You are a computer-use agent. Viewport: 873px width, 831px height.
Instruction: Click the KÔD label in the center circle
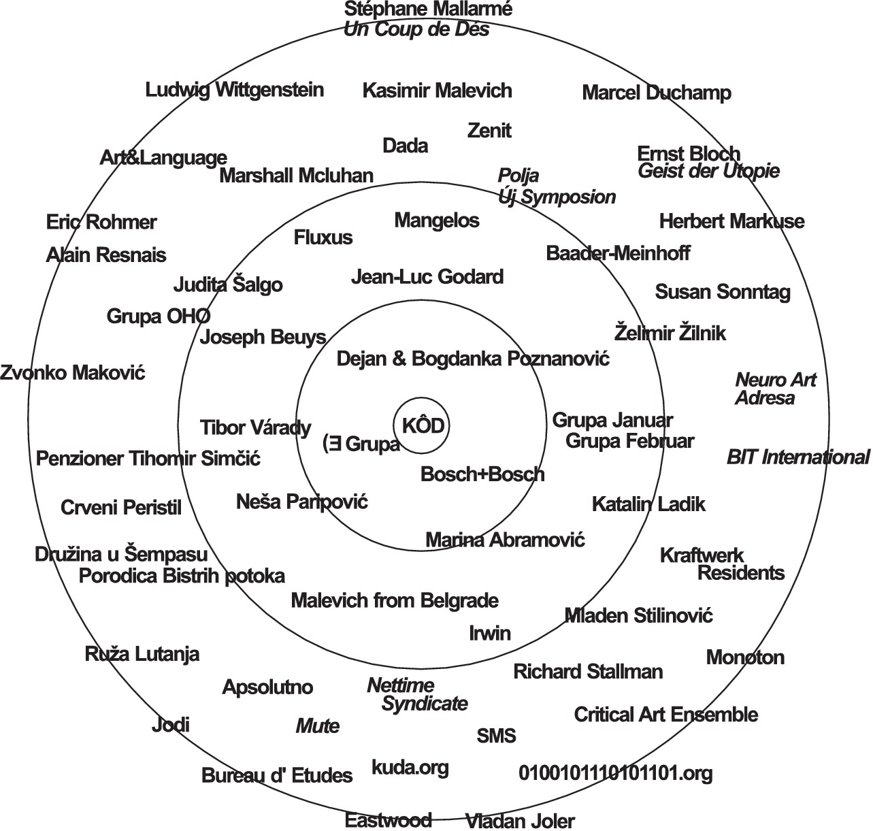click(x=423, y=426)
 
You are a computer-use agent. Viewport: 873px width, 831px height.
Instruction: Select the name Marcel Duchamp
click(x=657, y=93)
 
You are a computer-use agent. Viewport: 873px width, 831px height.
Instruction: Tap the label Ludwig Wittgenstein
click(x=235, y=90)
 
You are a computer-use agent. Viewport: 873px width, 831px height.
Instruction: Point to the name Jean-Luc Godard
click(x=427, y=277)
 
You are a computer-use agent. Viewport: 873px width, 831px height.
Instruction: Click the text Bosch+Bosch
click(x=482, y=474)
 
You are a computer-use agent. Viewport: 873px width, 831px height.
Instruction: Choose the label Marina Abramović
click(x=505, y=540)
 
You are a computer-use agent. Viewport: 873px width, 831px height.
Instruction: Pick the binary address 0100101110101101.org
click(x=616, y=773)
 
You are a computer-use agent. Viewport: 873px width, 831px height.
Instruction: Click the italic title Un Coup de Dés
click(x=416, y=30)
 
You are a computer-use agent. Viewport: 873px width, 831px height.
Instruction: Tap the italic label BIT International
click(x=797, y=457)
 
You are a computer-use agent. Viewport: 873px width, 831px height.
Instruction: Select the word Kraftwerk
click(x=702, y=555)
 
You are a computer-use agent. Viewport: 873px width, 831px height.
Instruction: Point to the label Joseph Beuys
click(x=263, y=337)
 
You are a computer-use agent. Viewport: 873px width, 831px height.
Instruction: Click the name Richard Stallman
click(x=588, y=672)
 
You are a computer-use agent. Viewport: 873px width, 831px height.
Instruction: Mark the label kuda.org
click(x=410, y=768)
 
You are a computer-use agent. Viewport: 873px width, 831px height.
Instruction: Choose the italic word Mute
click(x=317, y=726)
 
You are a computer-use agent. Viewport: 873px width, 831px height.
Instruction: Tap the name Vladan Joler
click(x=520, y=821)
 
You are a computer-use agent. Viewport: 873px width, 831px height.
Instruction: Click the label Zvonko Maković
click(x=73, y=373)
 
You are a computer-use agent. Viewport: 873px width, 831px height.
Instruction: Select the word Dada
click(x=406, y=146)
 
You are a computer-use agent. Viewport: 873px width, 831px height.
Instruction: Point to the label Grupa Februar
click(x=629, y=441)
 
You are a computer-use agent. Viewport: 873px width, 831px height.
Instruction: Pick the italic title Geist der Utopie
click(x=708, y=171)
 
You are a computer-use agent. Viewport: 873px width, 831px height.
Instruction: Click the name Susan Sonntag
click(x=723, y=293)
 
